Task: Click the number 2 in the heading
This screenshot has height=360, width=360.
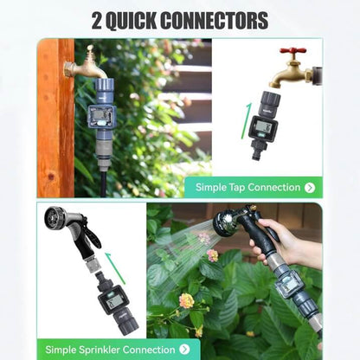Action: coord(98,20)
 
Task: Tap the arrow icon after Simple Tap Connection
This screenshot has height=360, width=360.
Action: coord(310,187)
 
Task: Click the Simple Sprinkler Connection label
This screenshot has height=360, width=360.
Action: coord(111,350)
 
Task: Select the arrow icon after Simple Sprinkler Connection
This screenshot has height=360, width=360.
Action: coord(183,350)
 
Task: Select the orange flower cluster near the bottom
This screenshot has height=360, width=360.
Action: coord(186,300)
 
